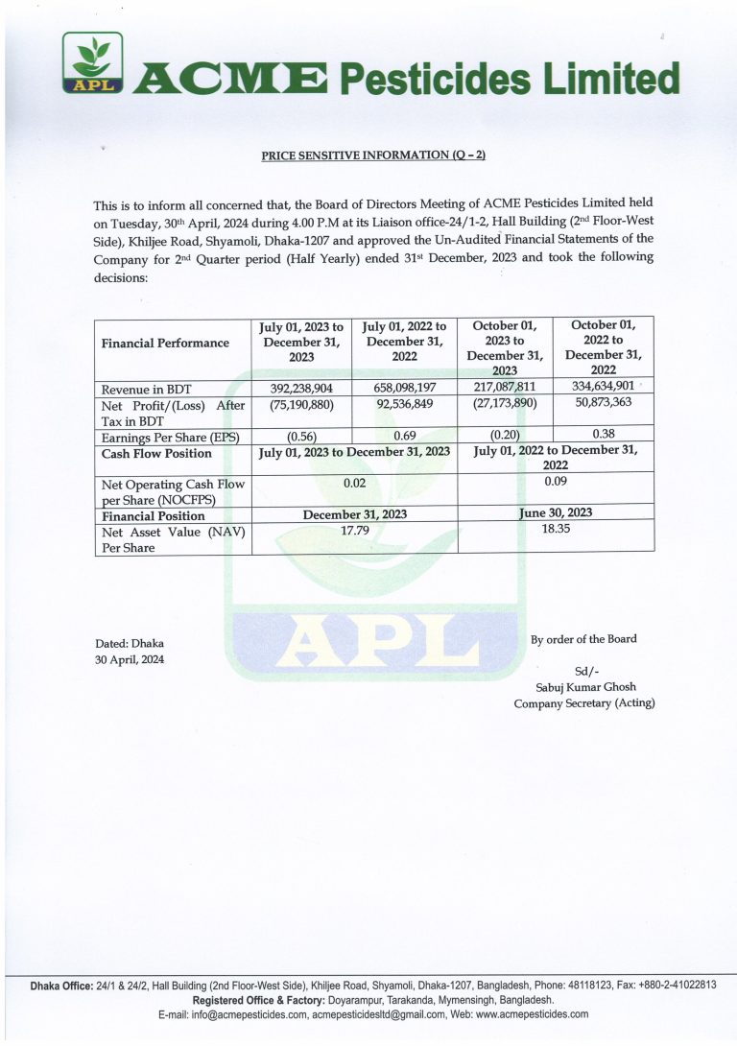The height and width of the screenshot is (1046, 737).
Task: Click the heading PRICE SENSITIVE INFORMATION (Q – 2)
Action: tap(373, 156)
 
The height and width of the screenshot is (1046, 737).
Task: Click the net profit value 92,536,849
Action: tap(404, 405)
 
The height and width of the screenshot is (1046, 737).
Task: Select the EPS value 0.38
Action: tap(604, 433)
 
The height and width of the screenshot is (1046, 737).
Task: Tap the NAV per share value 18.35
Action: tap(556, 528)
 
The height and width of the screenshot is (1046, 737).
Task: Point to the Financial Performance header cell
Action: tap(165, 343)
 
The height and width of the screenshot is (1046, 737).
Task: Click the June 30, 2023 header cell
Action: tap(556, 512)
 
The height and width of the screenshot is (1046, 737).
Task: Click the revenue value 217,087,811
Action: tap(504, 388)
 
